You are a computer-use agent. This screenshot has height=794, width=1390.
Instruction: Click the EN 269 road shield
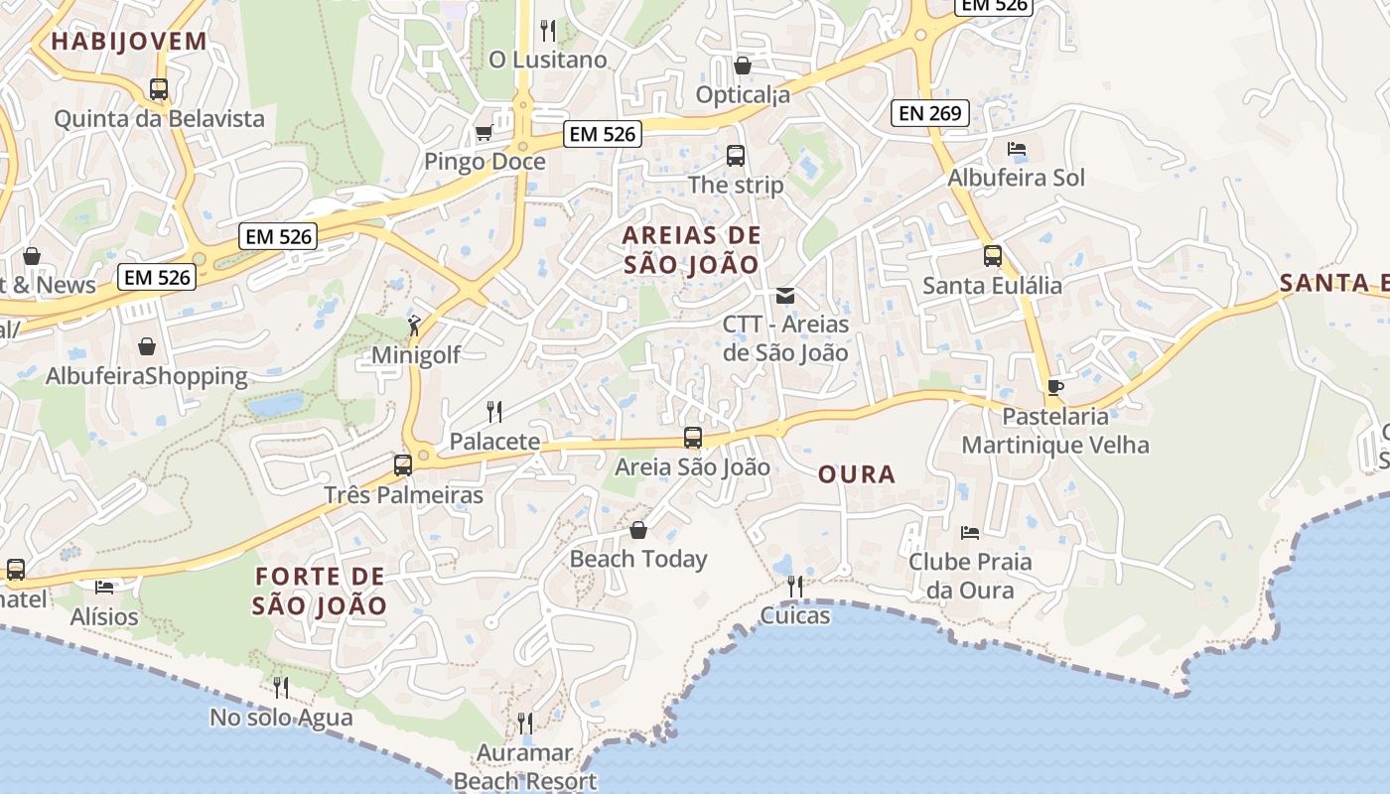click(x=929, y=113)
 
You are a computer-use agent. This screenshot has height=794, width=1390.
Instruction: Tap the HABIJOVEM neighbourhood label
click(x=129, y=42)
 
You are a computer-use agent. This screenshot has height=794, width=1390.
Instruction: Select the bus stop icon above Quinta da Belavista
click(x=159, y=88)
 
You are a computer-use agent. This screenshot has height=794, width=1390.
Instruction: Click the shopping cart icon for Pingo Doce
click(x=484, y=132)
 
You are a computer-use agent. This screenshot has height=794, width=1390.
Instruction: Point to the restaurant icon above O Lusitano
click(x=547, y=29)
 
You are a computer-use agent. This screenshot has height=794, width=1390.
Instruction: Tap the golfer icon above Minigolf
click(x=415, y=324)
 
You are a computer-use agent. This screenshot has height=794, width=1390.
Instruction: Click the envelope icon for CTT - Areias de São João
click(x=785, y=295)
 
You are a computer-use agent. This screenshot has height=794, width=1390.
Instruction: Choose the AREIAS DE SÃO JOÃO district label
click(x=691, y=250)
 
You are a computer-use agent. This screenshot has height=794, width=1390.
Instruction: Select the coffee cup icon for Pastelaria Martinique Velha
click(x=1054, y=387)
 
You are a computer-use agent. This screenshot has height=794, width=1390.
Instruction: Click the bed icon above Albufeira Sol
click(x=1016, y=149)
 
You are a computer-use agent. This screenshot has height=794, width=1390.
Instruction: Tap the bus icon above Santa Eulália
click(x=992, y=256)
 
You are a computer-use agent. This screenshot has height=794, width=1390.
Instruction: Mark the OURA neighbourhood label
click(x=857, y=474)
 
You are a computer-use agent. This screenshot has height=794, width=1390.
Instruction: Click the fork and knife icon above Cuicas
click(x=794, y=587)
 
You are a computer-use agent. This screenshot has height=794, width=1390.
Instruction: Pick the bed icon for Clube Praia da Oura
click(x=970, y=533)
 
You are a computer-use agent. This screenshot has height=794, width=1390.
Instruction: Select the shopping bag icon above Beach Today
click(x=638, y=530)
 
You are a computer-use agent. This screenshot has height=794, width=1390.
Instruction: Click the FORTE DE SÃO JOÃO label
click(x=320, y=591)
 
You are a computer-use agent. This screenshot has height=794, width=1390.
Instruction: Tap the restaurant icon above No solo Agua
click(x=281, y=687)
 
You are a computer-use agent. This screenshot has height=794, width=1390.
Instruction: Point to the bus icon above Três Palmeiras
click(x=403, y=464)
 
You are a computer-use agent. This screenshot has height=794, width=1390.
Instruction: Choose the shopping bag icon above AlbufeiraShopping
click(x=147, y=346)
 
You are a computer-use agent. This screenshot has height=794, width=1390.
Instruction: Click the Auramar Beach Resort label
click(x=524, y=766)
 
